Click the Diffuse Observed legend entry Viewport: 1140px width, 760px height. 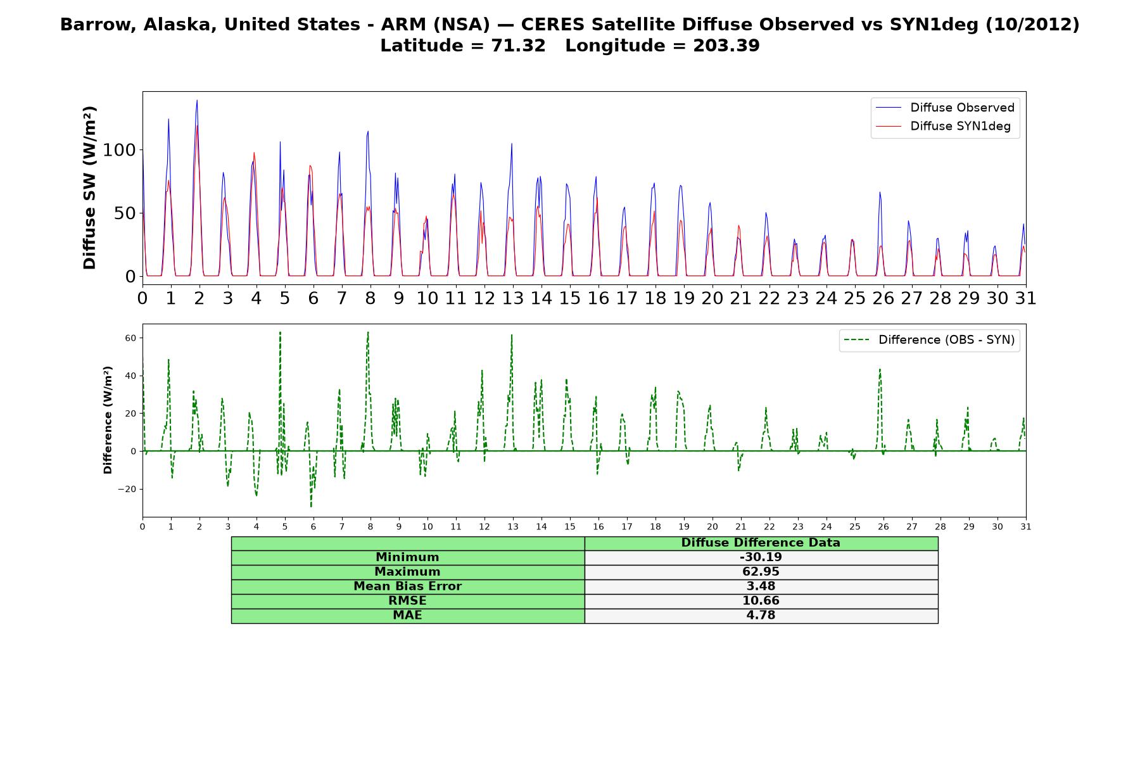point(945,108)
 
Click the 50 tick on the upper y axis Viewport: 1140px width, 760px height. point(125,213)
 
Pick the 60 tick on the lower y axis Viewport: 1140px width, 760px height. point(131,338)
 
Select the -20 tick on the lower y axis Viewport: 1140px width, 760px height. point(129,489)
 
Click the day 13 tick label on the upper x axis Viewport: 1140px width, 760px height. point(513,298)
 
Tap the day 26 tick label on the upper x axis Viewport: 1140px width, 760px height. point(883,298)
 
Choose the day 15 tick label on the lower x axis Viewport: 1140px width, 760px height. point(570,527)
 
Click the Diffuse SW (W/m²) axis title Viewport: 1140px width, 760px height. point(90,187)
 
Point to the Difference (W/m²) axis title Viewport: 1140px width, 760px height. point(108,420)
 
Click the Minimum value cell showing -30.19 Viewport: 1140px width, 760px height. point(761,557)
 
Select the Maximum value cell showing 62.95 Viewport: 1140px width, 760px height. point(761,572)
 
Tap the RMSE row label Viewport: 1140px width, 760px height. point(407,601)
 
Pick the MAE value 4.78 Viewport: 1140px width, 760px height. point(761,616)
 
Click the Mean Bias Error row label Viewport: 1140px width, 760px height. point(407,586)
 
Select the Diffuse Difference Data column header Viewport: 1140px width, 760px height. point(761,543)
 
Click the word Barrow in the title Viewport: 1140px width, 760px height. point(98,25)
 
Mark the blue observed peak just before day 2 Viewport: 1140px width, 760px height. point(197,100)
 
